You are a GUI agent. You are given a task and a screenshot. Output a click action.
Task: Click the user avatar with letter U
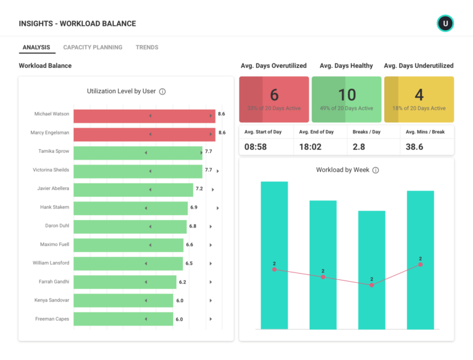click(x=445, y=23)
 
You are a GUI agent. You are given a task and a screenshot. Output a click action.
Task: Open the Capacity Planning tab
click(x=92, y=47)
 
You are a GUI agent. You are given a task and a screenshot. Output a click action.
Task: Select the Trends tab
click(x=147, y=47)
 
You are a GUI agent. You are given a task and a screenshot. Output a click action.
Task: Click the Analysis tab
click(x=36, y=47)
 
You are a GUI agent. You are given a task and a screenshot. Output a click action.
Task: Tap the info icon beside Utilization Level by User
click(x=163, y=91)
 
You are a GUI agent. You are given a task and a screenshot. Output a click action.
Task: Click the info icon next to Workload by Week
click(x=376, y=170)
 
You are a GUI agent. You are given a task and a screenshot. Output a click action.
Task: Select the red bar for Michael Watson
click(x=145, y=117)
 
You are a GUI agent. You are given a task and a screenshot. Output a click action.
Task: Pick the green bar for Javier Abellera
click(x=133, y=190)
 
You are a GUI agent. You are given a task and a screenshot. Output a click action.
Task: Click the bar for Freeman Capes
click(x=123, y=319)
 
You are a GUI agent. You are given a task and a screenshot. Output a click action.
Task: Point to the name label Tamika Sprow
click(x=54, y=151)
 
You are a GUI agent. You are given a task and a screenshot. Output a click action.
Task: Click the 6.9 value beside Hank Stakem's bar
click(x=193, y=207)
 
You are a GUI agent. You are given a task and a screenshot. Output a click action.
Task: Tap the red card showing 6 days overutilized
click(x=274, y=99)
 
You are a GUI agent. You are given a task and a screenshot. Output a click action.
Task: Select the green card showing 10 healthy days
click(x=346, y=99)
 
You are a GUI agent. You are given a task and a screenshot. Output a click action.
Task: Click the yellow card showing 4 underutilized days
click(x=419, y=99)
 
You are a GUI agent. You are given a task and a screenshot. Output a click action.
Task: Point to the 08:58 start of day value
click(x=256, y=147)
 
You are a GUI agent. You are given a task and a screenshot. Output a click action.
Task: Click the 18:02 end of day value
click(x=310, y=147)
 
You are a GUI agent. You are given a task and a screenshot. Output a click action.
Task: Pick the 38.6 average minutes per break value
click(x=414, y=147)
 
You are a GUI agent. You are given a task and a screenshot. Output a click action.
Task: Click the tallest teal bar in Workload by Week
click(x=274, y=255)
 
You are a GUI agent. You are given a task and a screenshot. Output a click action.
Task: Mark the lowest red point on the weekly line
click(x=371, y=285)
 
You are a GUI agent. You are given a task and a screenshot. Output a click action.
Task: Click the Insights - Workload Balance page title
click(x=77, y=23)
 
